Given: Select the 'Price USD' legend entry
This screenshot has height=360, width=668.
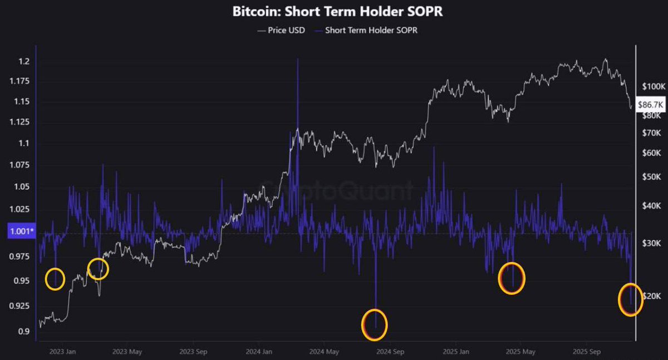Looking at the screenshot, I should click(281, 31).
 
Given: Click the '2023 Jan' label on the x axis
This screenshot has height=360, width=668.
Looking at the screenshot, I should click(63, 352).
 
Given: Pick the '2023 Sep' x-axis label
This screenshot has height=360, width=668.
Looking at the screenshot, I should click(193, 352).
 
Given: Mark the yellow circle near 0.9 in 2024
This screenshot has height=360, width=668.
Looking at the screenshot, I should click(374, 324).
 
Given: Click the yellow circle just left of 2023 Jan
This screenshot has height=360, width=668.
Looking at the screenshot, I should click(55, 279).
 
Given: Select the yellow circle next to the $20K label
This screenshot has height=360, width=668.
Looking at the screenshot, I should click(630, 299).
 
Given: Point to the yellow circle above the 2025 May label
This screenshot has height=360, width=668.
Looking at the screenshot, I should click(512, 278).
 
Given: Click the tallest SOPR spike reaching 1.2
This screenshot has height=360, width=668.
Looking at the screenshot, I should click(298, 61).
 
